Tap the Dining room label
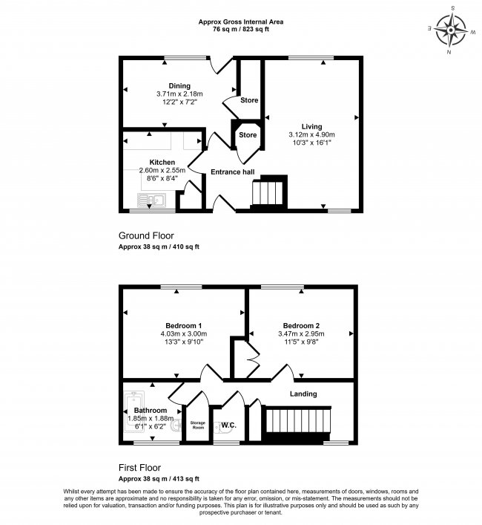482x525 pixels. (179, 86)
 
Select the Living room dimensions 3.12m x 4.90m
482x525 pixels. (311, 135)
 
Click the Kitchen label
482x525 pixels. (162, 162)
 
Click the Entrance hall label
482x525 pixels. (233, 172)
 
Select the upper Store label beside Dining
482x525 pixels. (248, 100)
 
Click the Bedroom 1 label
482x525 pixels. (184, 326)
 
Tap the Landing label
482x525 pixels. (303, 394)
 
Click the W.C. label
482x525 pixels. (228, 425)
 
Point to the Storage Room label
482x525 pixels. (197, 425)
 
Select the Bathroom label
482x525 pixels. (150, 410)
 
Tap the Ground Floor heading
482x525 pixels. (147, 235)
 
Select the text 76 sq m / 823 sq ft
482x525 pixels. (240, 30)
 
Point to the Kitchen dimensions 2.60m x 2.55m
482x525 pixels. (162, 170)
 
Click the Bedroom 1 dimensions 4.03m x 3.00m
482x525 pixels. (184, 334)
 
